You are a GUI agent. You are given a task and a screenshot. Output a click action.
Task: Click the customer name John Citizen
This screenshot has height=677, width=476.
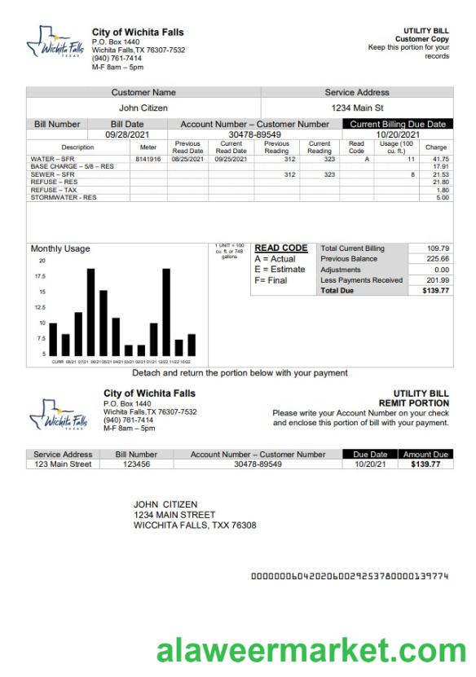pyautogui.click(x=143, y=108)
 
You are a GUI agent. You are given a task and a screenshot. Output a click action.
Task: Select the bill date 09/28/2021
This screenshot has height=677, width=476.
pyautogui.click(x=127, y=134)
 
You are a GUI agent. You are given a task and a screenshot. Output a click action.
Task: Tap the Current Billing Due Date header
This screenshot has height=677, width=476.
pyautogui.click(x=398, y=125)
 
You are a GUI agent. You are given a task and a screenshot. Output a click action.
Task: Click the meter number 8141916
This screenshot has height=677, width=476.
pyautogui.click(x=148, y=159)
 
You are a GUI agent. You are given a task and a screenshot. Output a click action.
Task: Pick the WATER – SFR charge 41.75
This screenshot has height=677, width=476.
pyautogui.click(x=441, y=159)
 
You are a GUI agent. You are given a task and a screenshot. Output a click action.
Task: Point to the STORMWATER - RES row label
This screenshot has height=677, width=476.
pyautogui.click(x=64, y=198)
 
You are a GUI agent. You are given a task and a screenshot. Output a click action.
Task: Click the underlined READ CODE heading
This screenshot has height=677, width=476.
pyautogui.click(x=281, y=248)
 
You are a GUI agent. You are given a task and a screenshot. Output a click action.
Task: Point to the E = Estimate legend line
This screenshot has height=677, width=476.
pyautogui.click(x=280, y=270)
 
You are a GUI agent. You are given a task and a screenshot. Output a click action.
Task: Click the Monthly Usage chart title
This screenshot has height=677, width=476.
pyautogui.click(x=60, y=249)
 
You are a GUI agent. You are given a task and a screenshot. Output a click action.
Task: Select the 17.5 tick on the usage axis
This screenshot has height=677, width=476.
pyautogui.click(x=40, y=276)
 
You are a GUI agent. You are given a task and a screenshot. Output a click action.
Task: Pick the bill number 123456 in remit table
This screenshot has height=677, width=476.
pyautogui.click(x=136, y=464)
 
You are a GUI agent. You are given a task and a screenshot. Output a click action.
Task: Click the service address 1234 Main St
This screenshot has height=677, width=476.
pyautogui.click(x=357, y=108)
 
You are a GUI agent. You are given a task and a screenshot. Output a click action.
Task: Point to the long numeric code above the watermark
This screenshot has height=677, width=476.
pyautogui.click(x=350, y=576)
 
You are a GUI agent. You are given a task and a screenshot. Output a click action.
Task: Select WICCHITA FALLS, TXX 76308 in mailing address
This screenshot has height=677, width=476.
pyautogui.click(x=195, y=525)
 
